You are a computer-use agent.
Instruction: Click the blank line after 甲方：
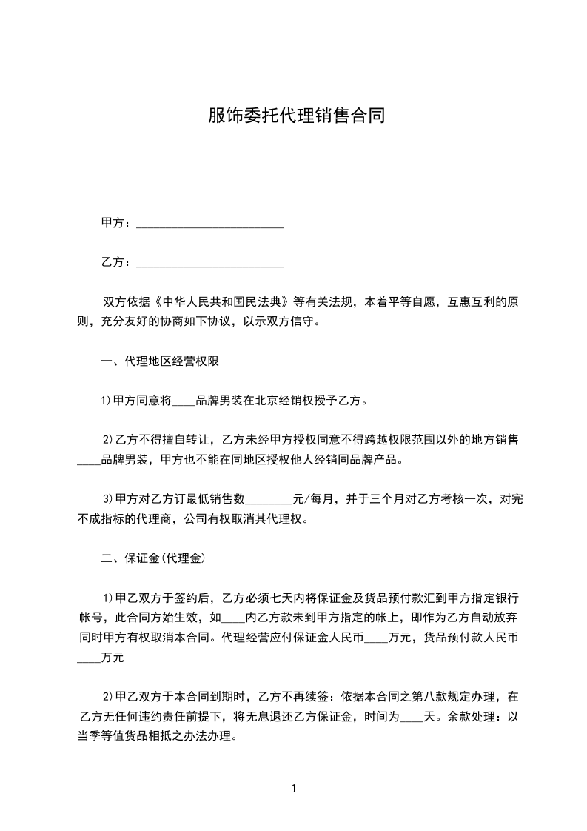210,223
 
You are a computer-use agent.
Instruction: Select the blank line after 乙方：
210,263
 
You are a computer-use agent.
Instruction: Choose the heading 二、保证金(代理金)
152,558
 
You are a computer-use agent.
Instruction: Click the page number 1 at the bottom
294,789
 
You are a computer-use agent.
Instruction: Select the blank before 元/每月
269,499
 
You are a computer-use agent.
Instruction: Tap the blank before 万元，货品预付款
376,637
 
